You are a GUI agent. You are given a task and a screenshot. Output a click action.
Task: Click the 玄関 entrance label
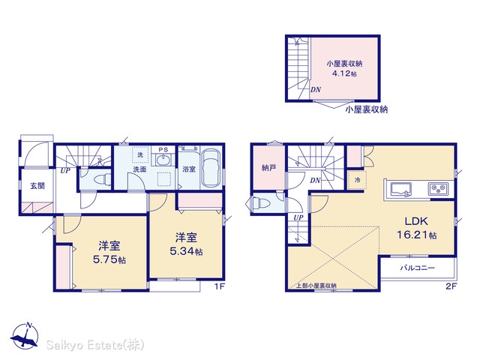click(x=37, y=185)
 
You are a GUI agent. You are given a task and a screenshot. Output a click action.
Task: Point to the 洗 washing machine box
click(x=140, y=155)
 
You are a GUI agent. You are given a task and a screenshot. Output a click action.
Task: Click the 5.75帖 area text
click(x=109, y=259)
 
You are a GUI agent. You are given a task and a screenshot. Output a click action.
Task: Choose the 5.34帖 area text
click(x=186, y=251)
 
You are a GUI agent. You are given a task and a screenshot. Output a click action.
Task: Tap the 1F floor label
click(x=219, y=286)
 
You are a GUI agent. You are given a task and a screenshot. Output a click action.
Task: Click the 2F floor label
click(x=451, y=286)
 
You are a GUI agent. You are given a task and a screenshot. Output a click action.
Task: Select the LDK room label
click(x=416, y=221)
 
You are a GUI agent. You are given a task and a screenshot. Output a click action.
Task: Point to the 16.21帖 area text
click(x=417, y=235)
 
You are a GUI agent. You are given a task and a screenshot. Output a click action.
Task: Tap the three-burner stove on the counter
click(x=439, y=189)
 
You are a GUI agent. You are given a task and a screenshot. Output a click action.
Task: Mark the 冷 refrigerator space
click(x=357, y=180)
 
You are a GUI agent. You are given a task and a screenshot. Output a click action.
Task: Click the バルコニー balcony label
click(x=418, y=268)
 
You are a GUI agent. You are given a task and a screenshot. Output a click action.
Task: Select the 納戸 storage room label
click(x=268, y=168)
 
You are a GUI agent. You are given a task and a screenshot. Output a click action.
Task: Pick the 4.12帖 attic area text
click(x=344, y=73)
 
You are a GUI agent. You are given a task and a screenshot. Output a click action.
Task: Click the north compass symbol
click(x=25, y=337)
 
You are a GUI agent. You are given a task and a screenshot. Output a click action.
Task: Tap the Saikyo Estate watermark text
click(x=95, y=345)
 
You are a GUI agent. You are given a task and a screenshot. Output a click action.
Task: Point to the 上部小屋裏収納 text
click(x=316, y=286)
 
